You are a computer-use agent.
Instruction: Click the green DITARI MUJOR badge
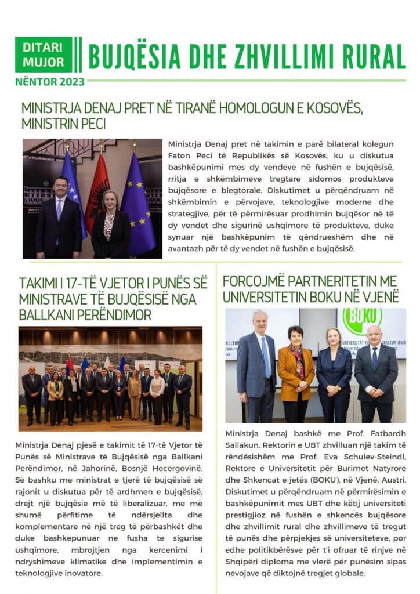tap(44, 55)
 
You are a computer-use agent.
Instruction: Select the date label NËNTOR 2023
tap(49, 82)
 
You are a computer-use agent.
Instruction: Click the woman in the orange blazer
tap(295, 371)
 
